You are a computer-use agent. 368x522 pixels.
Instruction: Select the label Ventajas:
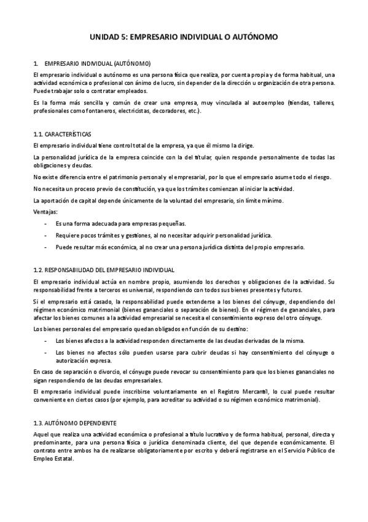[45, 212]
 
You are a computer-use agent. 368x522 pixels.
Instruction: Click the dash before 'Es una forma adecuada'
[46, 224]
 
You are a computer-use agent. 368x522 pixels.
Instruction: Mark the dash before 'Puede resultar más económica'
[46, 247]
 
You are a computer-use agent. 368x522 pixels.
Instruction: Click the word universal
[122, 290]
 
